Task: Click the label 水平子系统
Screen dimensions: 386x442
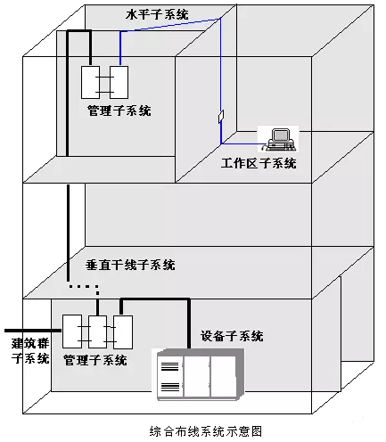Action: (157, 14)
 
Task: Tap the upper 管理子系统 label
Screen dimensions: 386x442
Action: (119, 110)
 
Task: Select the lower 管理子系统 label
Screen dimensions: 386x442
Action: (95, 360)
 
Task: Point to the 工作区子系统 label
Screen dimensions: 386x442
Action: (259, 163)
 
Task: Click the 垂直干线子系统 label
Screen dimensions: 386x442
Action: (130, 265)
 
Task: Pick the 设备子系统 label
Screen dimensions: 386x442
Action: (232, 336)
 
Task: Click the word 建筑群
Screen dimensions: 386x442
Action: (30, 343)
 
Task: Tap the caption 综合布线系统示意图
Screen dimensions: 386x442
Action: (206, 431)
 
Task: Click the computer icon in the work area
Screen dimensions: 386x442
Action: (279, 139)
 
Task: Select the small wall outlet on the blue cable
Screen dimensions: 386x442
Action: (221, 116)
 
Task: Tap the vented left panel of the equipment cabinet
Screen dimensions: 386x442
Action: (170, 377)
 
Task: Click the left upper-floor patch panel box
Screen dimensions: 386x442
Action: (90, 82)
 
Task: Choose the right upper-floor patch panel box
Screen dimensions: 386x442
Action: (119, 82)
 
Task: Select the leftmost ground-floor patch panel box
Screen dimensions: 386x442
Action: (72, 331)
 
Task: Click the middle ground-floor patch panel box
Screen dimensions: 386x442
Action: (97, 331)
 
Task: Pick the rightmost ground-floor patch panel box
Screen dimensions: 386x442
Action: (123, 332)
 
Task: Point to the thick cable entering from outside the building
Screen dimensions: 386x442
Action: (33, 331)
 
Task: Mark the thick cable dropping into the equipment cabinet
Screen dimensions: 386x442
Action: (189, 323)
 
